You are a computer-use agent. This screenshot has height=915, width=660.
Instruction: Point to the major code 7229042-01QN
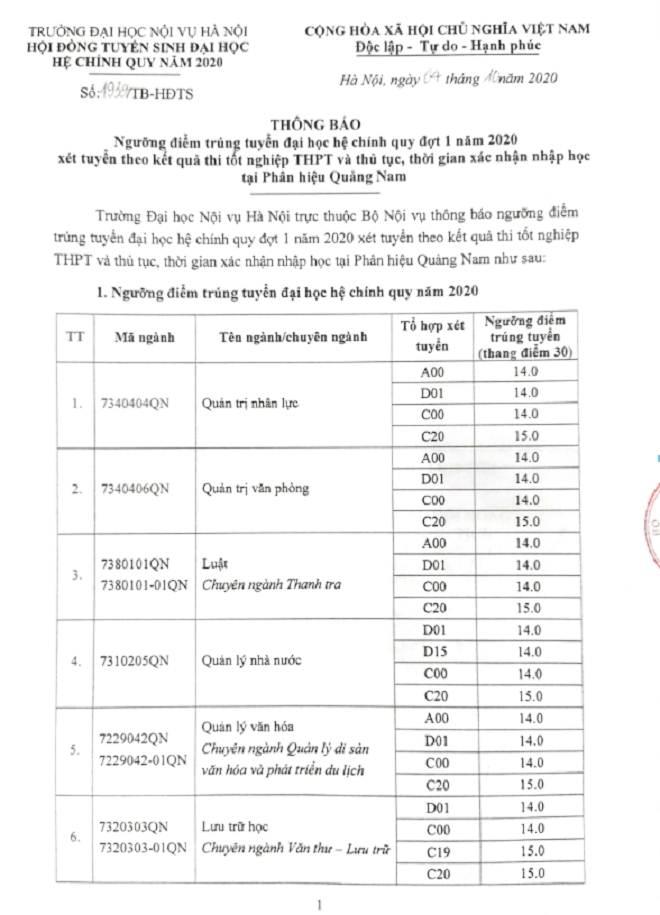point(143,760)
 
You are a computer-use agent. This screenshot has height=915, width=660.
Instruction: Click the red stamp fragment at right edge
point(651,515)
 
